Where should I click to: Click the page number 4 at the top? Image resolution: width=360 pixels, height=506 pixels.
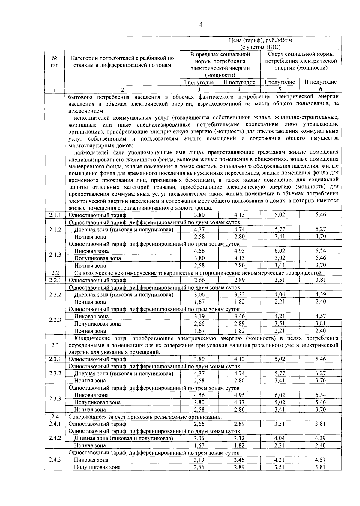[x=201, y=25]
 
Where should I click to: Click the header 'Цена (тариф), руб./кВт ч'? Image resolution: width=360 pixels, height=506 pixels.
[x=260, y=40]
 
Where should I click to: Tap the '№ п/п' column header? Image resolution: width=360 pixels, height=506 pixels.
[x=55, y=61]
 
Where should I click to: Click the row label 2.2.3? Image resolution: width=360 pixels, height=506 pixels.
[x=55, y=320]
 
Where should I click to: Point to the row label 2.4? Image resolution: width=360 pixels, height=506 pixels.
[x=55, y=417]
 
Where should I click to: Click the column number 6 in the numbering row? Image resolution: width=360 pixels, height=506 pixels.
[x=320, y=89]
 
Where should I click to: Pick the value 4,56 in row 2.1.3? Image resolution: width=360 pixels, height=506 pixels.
[x=199, y=251]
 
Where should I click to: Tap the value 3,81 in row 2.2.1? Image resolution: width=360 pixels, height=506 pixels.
[x=320, y=280]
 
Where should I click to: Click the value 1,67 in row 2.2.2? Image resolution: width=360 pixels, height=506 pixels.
[x=199, y=302]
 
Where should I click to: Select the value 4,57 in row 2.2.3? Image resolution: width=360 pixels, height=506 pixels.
[x=320, y=316]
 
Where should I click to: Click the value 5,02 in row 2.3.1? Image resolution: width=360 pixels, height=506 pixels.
[x=280, y=359]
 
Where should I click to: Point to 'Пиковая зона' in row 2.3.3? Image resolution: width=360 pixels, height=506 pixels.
[x=91, y=395]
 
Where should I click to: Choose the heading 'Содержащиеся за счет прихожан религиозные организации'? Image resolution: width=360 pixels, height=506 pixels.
[x=145, y=417]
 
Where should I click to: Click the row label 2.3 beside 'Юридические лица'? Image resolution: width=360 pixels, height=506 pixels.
[x=55, y=345]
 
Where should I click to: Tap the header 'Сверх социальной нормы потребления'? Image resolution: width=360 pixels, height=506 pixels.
[x=301, y=58]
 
